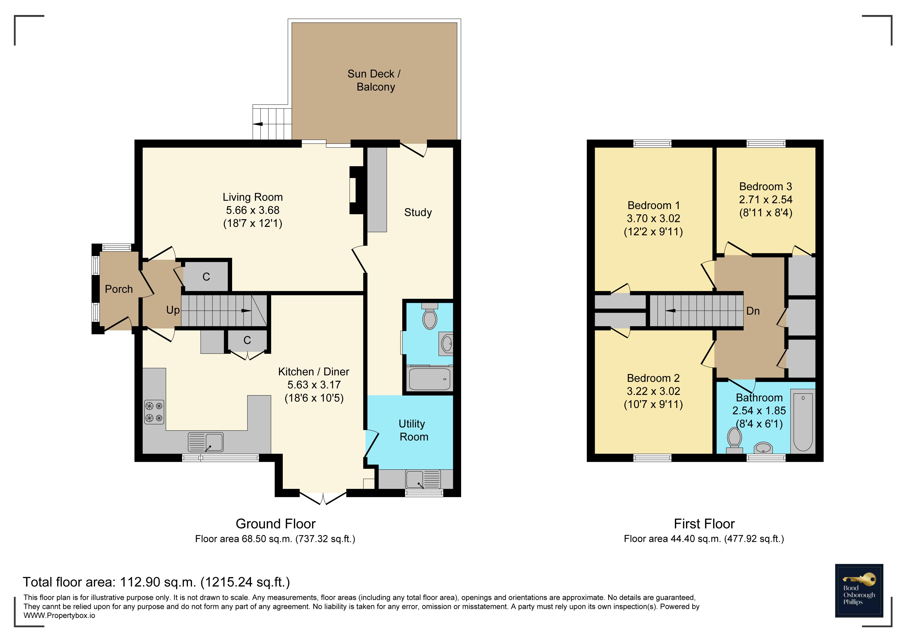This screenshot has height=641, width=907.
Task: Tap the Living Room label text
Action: (253, 197)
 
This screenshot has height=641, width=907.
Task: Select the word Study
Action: (418, 212)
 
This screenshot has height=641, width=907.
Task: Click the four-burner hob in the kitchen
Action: (154, 412)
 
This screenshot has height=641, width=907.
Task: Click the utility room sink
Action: (423, 479)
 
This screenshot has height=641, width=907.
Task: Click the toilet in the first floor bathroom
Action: (734, 441)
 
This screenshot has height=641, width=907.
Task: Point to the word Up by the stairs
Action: (173, 310)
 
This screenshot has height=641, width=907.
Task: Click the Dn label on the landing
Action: (753, 311)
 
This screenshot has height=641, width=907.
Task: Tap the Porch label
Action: (119, 289)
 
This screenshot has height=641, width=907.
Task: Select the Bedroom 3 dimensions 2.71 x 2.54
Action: (766, 200)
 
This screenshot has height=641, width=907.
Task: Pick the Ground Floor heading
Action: (276, 524)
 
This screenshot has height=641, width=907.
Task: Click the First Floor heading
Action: (704, 524)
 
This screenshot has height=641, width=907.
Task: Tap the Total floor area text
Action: (156, 582)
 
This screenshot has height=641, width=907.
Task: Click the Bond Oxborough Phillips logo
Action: (859, 590)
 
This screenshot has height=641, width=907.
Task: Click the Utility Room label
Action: (413, 430)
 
